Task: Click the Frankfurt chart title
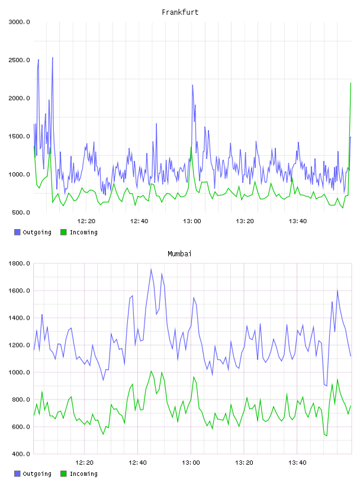click(x=180, y=12)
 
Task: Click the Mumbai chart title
click(x=179, y=254)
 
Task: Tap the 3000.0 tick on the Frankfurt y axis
click(x=19, y=22)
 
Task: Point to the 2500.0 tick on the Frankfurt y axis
click(x=19, y=60)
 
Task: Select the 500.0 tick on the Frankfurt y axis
click(x=21, y=212)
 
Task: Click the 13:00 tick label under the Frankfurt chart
click(x=192, y=221)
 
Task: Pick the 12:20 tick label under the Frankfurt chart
click(x=86, y=221)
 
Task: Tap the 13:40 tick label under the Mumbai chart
click(x=297, y=463)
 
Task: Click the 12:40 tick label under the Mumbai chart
click(x=137, y=463)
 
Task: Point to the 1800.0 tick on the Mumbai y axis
click(x=19, y=263)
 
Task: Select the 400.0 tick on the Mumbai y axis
click(x=21, y=454)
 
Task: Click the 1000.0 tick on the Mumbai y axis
click(x=19, y=372)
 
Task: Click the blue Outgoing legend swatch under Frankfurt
click(x=17, y=232)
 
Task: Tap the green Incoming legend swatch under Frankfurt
click(x=63, y=232)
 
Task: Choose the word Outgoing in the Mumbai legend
click(x=37, y=474)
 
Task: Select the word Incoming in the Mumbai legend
click(x=83, y=474)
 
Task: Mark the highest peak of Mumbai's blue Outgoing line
click(x=151, y=269)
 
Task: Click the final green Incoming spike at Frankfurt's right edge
click(x=351, y=83)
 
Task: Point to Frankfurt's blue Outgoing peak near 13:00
click(x=192, y=85)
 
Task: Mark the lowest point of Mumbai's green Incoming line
click(x=327, y=436)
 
